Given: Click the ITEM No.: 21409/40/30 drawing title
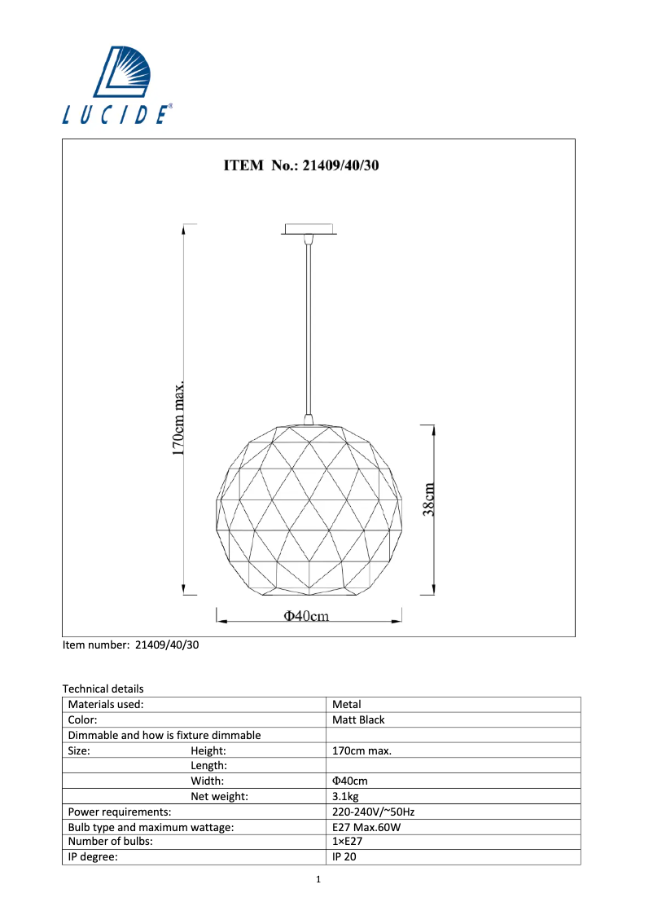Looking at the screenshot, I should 302,165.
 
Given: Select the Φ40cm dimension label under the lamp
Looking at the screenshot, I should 306,616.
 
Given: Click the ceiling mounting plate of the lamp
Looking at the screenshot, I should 308,228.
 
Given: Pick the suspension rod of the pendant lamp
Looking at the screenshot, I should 308,326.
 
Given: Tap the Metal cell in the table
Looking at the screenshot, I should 347,704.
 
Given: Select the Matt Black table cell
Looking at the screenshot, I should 358,719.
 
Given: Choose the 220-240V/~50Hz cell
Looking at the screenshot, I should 375,812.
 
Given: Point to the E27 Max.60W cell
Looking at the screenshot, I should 366,827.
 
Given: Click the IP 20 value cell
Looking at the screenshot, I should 344,857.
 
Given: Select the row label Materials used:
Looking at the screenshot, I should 106,704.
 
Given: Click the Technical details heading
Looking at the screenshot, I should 103,689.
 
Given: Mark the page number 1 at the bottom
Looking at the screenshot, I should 319,879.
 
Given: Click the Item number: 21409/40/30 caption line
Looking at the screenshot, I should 131,645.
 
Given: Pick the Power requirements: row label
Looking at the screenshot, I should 120,812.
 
